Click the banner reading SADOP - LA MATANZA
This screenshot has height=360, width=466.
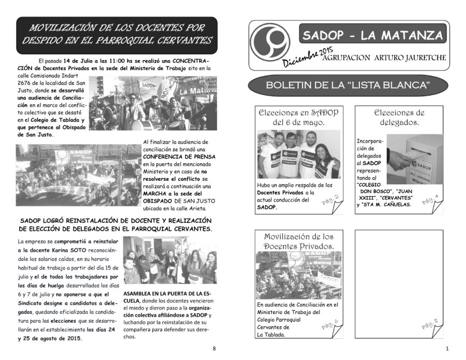[372, 35]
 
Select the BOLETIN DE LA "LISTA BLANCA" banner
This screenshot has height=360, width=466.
[347, 85]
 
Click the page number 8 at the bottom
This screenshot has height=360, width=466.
[214, 348]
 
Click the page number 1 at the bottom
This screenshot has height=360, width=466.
[446, 348]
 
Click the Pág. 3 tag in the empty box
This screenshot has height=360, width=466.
[431, 325]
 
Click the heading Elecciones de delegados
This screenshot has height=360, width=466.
[399, 118]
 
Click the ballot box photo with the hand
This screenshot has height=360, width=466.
[414, 159]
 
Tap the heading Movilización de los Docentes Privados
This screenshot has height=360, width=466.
[298, 241]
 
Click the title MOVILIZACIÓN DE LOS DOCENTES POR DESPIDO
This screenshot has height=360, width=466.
[117, 34]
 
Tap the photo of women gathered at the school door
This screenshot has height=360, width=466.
[170, 261]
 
